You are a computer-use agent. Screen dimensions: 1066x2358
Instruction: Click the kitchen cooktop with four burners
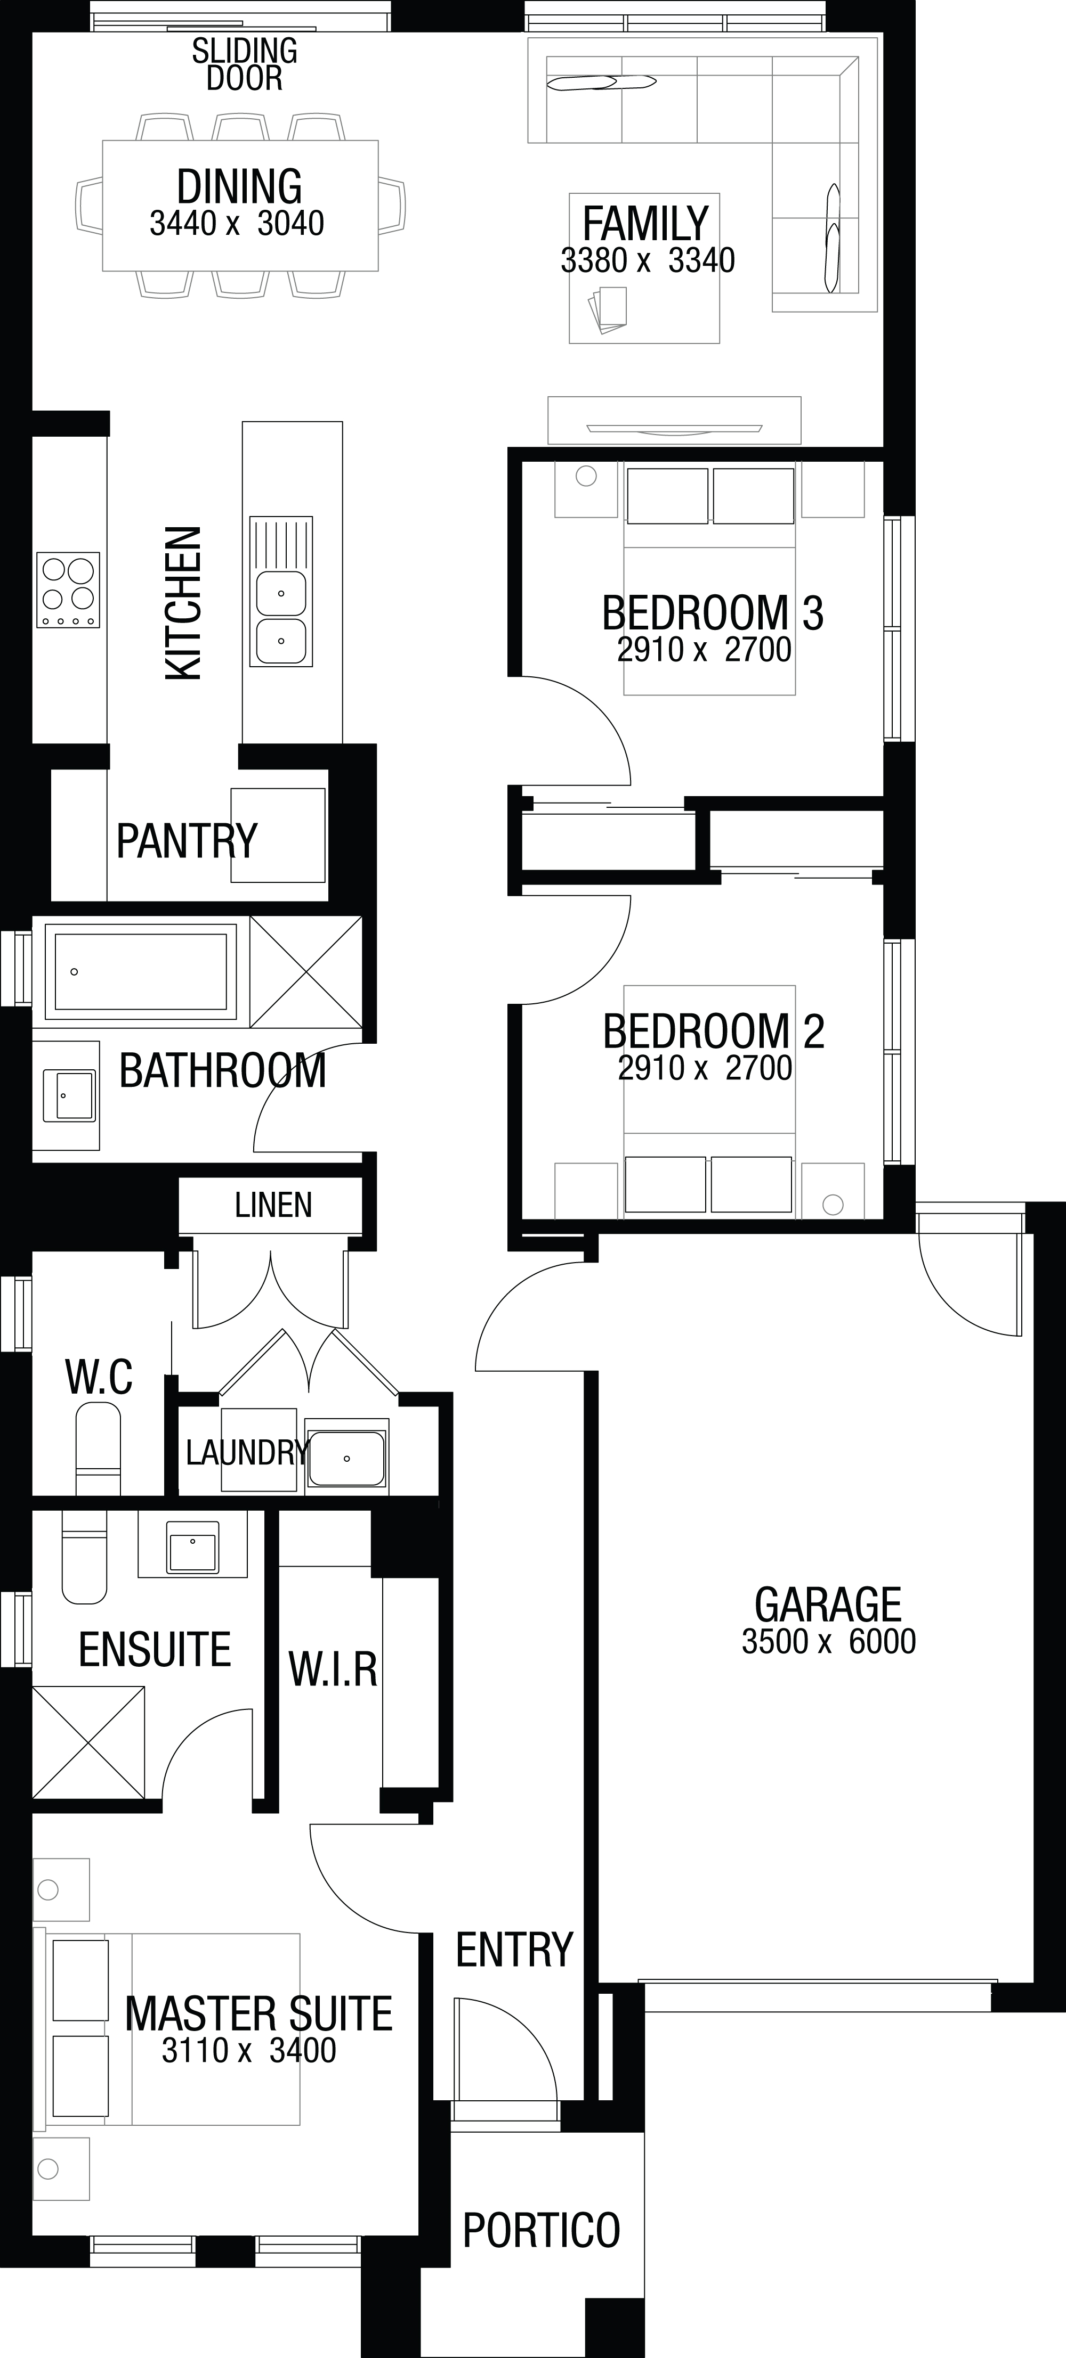tap(68, 589)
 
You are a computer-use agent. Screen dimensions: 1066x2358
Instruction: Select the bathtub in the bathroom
tap(140, 971)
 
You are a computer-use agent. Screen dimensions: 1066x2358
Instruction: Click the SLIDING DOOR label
tap(245, 64)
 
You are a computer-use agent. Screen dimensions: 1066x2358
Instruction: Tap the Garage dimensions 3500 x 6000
tap(829, 1641)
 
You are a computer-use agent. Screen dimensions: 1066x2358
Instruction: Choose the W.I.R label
tap(333, 1669)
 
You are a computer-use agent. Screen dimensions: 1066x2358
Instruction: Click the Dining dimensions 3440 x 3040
tap(237, 223)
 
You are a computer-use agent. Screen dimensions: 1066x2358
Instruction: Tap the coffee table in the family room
tap(644, 268)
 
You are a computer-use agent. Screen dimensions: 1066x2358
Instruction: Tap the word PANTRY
tap(187, 840)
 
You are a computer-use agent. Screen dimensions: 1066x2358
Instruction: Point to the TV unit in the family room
tap(674, 420)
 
